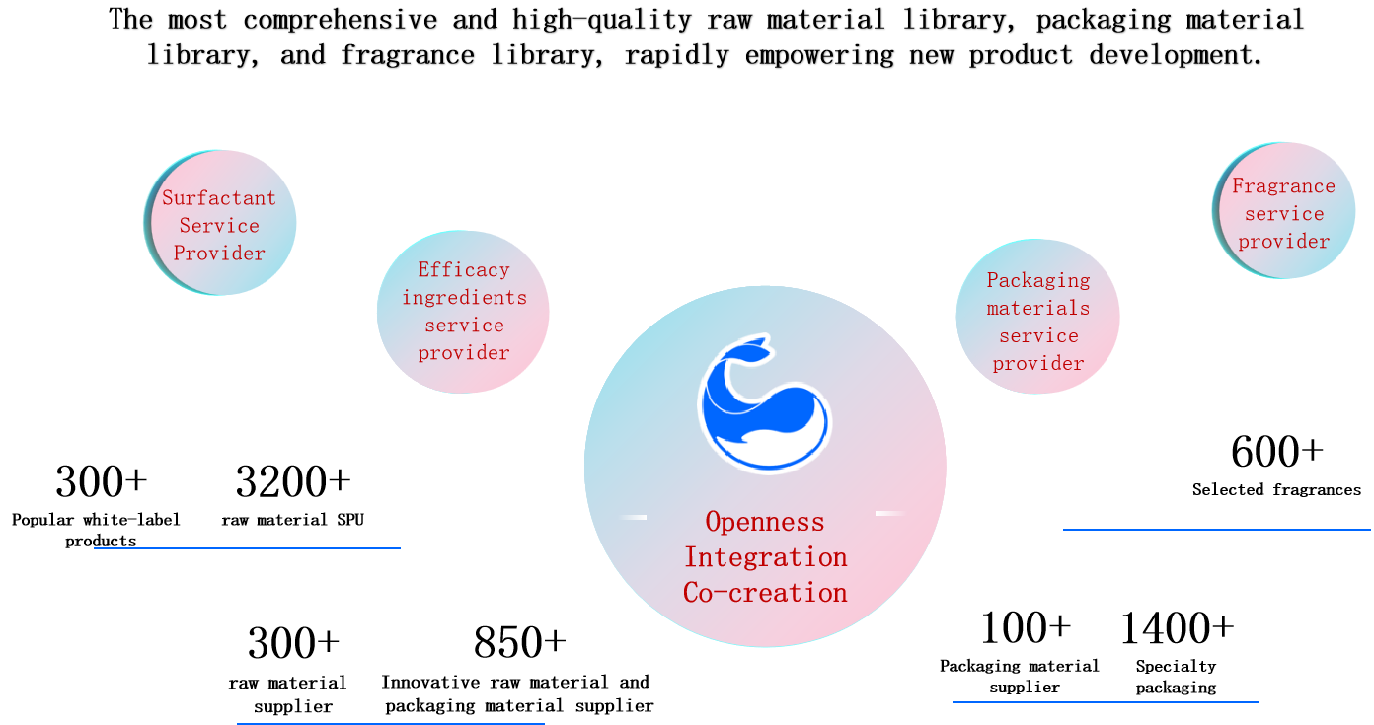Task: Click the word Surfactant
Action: pyautogui.click(x=219, y=198)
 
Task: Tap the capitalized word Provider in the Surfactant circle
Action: pyautogui.click(x=219, y=254)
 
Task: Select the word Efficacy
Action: pyautogui.click(x=463, y=270)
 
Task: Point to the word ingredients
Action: pyautogui.click(x=464, y=298)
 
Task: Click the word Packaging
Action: pyautogui.click(x=1038, y=280)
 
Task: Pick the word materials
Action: pyautogui.click(x=1038, y=308)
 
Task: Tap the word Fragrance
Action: pyautogui.click(x=1283, y=186)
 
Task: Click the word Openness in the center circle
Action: pyautogui.click(x=765, y=521)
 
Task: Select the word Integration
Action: pyautogui.click(x=765, y=557)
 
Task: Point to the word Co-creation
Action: pyautogui.click(x=765, y=593)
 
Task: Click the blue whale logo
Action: pyautogui.click(x=765, y=404)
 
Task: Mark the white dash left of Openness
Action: pyautogui.click(x=633, y=517)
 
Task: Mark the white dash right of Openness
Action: pyautogui.click(x=889, y=513)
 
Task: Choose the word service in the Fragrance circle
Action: pyautogui.click(x=1283, y=214)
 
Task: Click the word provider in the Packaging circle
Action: pyautogui.click(x=1038, y=364)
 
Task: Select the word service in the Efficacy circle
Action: pyautogui.click(x=464, y=326)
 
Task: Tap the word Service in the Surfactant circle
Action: pyautogui.click(x=219, y=226)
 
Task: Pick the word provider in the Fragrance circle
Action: pyautogui.click(x=1283, y=242)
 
